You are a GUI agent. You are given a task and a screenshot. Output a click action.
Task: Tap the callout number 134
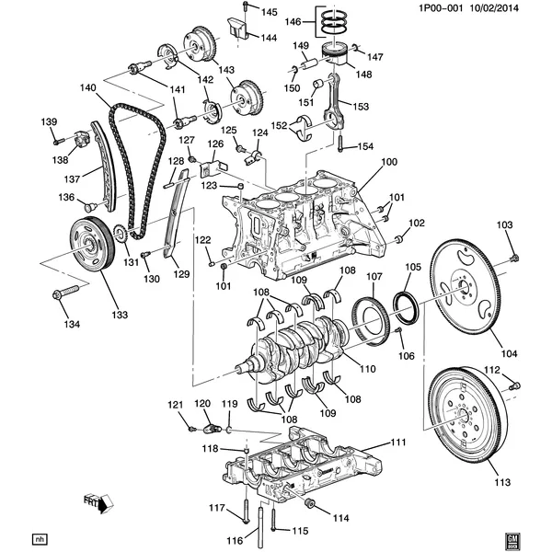(72, 324)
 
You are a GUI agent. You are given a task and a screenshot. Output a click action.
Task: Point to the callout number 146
(293, 21)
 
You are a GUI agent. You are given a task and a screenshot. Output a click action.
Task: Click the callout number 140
(87, 88)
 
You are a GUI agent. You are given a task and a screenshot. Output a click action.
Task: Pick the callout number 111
(397, 443)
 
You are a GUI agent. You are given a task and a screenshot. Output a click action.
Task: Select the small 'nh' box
(39, 538)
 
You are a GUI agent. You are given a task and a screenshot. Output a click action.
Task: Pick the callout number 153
(361, 107)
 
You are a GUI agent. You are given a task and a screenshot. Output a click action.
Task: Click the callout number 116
(236, 540)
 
